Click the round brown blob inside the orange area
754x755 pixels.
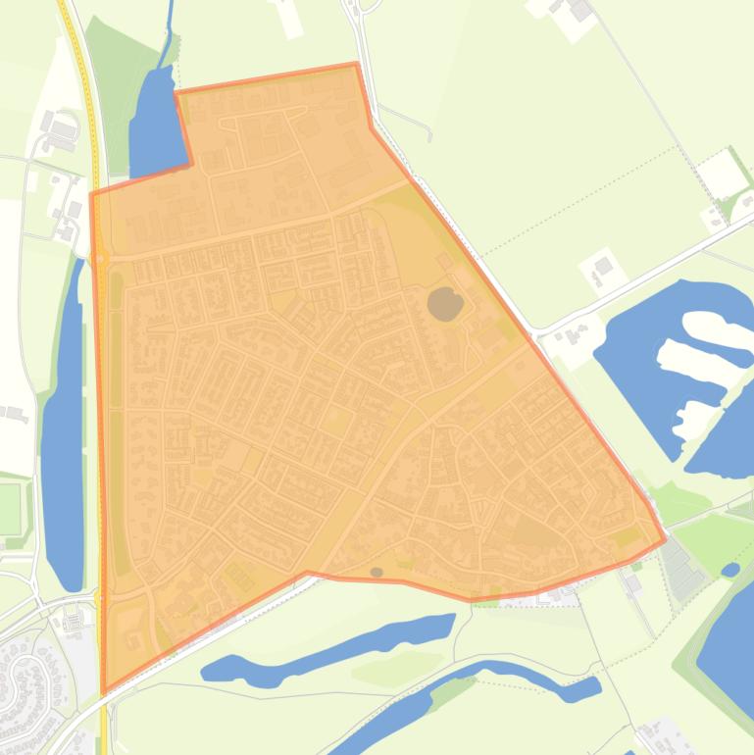[x=445, y=304]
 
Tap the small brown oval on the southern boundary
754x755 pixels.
[x=377, y=572]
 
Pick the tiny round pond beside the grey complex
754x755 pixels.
[x=729, y=569]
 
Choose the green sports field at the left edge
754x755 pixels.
[x=9, y=509]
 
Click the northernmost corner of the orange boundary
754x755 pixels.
[x=355, y=65]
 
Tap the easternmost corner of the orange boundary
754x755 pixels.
[x=665, y=538]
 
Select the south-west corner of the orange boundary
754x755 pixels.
[x=103, y=692]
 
